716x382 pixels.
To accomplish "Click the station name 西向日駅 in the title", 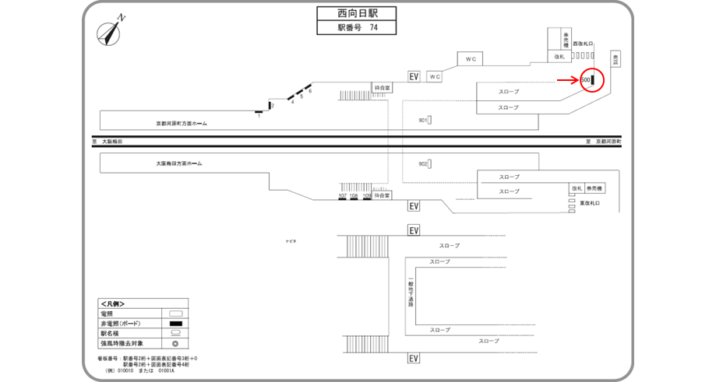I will coord(356,13).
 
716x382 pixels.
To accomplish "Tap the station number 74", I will coord(374,28).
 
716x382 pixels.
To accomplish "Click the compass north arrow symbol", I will coord(110,33).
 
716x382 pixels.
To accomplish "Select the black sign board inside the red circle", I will coord(593,79).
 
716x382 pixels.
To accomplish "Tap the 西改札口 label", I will coord(584,44).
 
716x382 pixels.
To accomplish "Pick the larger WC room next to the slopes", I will coord(470,59).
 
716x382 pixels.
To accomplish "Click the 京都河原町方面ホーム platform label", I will coord(182,123).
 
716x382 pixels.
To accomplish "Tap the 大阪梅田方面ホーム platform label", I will coord(178,164).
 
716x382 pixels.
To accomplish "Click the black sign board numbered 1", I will coord(259,112).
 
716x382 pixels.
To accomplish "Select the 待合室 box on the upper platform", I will coord(382,88).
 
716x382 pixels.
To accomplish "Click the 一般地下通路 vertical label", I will coord(410,293).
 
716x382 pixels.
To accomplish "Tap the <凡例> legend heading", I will coord(112,303).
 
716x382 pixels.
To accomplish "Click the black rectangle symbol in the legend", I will coord(176,323).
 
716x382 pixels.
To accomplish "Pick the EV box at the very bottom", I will coord(414,359).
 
